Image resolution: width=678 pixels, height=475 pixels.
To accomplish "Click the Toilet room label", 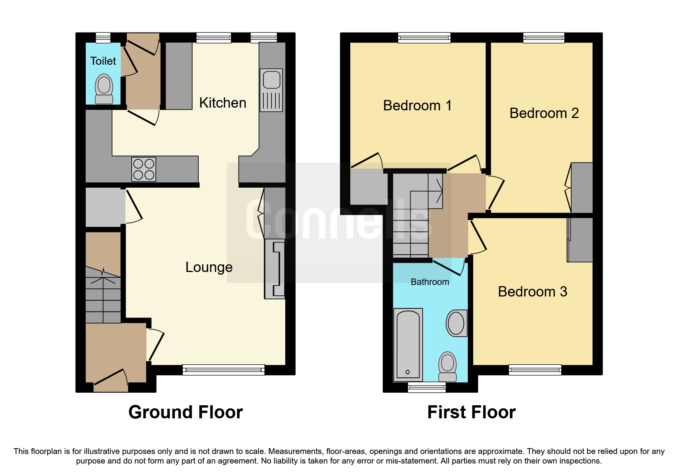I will [x=103, y=61].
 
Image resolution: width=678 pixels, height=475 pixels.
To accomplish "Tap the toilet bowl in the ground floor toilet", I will [x=104, y=88].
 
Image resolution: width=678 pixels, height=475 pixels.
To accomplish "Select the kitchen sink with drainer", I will [x=271, y=90].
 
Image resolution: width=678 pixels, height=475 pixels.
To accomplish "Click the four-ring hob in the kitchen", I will [x=144, y=169].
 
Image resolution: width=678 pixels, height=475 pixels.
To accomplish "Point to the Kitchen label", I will [x=222, y=103].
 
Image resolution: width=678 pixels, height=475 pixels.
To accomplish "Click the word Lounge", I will [x=209, y=267].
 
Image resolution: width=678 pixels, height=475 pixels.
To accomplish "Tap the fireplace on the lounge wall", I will [x=275, y=269].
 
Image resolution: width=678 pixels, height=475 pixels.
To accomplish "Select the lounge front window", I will [x=223, y=370].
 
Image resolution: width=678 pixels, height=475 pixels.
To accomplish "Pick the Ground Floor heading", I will [x=185, y=412].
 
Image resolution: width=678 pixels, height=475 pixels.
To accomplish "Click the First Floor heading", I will [x=471, y=412].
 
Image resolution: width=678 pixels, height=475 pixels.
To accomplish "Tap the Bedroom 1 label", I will [x=417, y=105].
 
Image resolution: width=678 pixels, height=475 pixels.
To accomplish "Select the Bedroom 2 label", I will [x=544, y=113].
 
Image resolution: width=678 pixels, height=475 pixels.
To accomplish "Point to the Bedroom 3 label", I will [x=532, y=292].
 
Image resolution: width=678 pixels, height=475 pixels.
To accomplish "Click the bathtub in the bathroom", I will [x=408, y=344].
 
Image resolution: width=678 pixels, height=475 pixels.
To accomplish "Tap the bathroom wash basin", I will [x=456, y=323].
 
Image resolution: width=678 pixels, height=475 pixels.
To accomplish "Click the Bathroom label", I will [x=430, y=282].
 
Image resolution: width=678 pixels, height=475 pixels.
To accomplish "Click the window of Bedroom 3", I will [x=535, y=370].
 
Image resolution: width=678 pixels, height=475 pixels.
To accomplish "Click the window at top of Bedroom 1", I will [x=424, y=38].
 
